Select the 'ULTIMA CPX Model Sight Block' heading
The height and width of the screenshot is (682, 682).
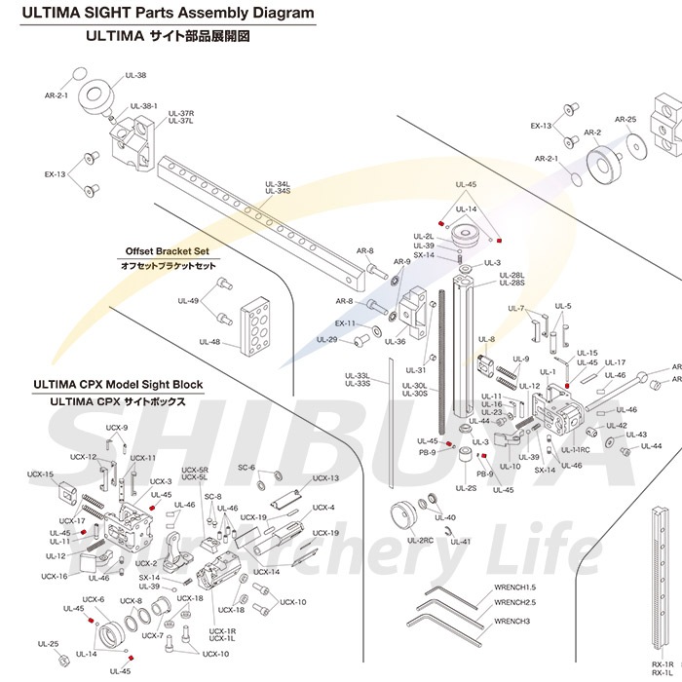tap(118, 383)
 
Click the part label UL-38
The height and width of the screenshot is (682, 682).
tap(136, 75)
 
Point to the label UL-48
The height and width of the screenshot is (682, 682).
tap(209, 342)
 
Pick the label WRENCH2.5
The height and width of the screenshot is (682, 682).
tap(515, 603)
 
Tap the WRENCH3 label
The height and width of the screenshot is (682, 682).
tap(511, 621)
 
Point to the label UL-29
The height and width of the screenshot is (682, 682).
tap(327, 339)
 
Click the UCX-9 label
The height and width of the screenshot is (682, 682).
tap(117, 427)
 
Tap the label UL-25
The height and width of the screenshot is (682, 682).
tap(48, 644)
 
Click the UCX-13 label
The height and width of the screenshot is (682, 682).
tap(326, 478)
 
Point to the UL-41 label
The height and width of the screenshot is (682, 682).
tap(461, 542)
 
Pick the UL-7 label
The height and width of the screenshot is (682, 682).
tap(516, 309)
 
